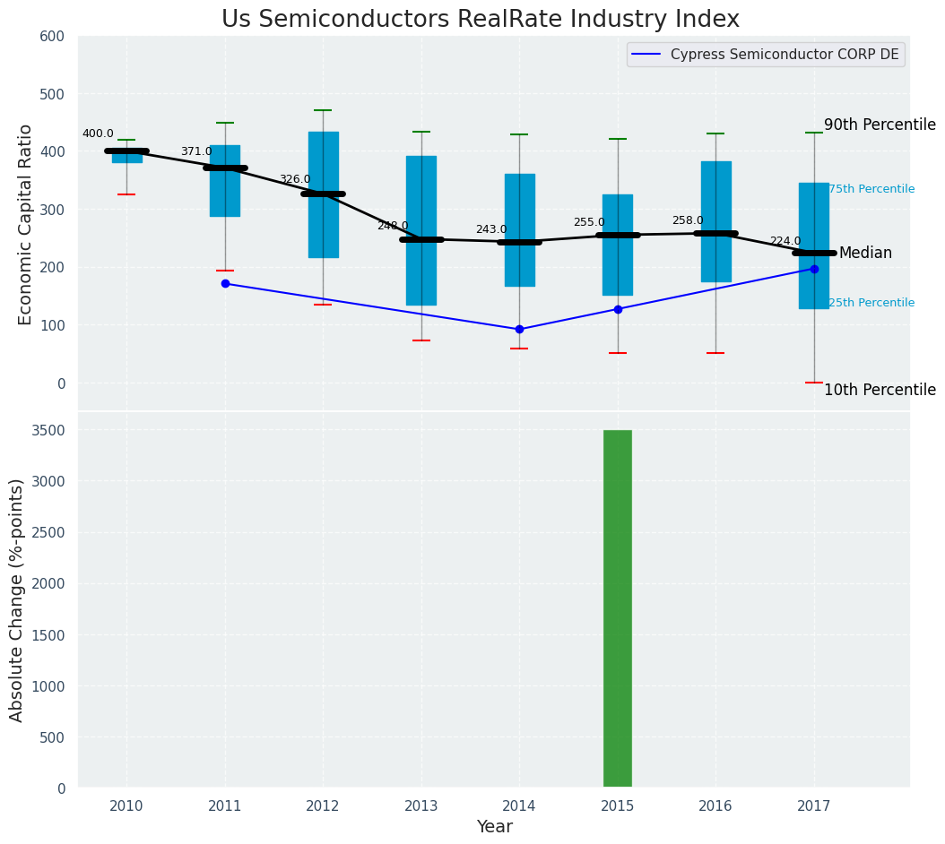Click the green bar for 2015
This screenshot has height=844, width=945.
(x=617, y=609)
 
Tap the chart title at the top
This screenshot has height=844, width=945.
(x=481, y=20)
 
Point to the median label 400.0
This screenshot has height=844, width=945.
(x=98, y=133)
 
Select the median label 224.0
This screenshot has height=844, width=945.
(x=785, y=241)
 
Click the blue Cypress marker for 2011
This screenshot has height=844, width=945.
(x=225, y=283)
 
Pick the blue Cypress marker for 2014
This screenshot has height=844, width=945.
(x=519, y=329)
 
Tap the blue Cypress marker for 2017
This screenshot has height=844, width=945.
(x=814, y=269)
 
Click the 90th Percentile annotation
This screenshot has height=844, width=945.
(x=879, y=125)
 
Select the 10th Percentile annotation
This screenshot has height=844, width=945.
(x=879, y=390)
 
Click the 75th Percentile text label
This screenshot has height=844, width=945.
(x=871, y=189)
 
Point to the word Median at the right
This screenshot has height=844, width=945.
(x=865, y=254)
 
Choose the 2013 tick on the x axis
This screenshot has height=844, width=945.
(x=420, y=806)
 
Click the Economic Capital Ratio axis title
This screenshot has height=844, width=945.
(x=26, y=224)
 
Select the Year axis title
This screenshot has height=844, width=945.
(x=494, y=827)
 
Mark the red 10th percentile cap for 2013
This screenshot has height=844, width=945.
(x=420, y=340)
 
